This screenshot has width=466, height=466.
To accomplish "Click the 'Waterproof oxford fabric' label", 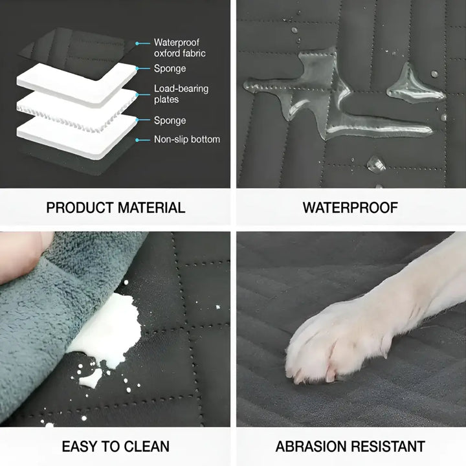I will click(179, 48).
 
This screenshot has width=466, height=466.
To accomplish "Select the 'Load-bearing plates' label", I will click(181, 94).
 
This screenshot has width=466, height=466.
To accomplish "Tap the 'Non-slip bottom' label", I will click(187, 139).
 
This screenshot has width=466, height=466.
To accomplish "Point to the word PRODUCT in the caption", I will click(80, 208).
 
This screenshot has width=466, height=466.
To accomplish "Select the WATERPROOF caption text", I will click(350, 208).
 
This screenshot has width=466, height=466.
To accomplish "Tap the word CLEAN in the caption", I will click(146, 446).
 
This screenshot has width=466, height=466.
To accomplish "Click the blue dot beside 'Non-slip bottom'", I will click(138, 139).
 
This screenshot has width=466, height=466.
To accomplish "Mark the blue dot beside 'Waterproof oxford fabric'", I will click(138, 43).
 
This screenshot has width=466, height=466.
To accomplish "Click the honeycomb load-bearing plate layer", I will click(78, 107).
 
